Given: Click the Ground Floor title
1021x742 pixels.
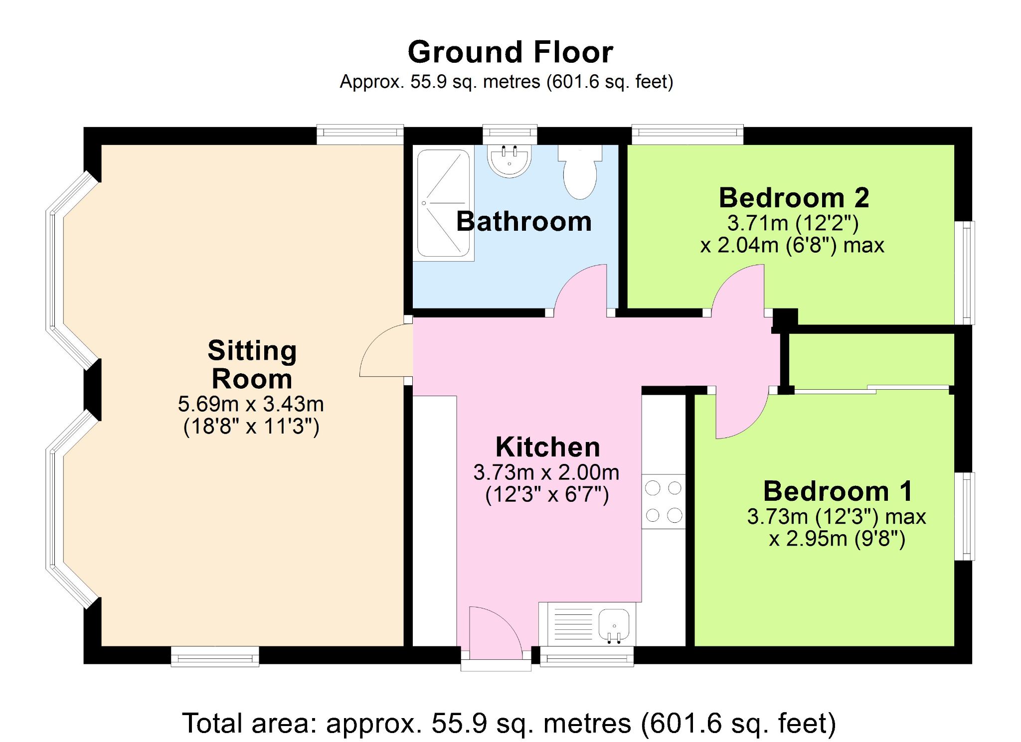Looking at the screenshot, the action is click(x=510, y=52).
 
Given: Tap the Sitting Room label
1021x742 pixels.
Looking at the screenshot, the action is click(x=252, y=364).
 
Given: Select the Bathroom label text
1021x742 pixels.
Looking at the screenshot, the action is click(x=524, y=221).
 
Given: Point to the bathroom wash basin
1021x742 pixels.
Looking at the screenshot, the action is click(x=510, y=160).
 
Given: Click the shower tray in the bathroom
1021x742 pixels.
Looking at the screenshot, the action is click(x=443, y=203).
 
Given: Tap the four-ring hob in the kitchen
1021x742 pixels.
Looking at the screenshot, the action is click(x=664, y=501).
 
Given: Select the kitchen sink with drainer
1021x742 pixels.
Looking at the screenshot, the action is click(x=587, y=624).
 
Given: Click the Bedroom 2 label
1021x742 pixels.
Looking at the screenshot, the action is click(x=794, y=198).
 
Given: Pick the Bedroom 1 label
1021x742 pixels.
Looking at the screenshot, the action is click(x=838, y=491).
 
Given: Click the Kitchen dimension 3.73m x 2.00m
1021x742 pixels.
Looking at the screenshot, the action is click(x=546, y=472).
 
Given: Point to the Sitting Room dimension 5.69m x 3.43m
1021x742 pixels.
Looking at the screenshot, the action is click(x=251, y=404).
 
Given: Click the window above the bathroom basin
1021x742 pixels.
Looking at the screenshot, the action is click(x=510, y=134).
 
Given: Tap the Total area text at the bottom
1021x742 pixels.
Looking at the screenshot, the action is click(x=509, y=723).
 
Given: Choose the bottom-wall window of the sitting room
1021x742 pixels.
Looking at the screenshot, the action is click(x=215, y=656).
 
